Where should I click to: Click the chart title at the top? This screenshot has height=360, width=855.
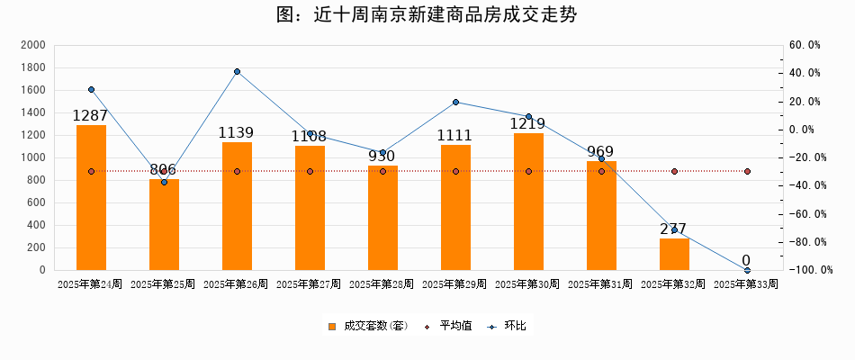click(x=427, y=15)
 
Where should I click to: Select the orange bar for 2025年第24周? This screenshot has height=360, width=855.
click(x=91, y=198)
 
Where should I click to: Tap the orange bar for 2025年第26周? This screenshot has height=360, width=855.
click(x=237, y=206)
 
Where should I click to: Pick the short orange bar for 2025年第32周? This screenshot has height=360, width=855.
click(x=674, y=254)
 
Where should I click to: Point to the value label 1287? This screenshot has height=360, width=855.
click(x=91, y=115)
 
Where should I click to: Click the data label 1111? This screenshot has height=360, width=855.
click(x=455, y=136)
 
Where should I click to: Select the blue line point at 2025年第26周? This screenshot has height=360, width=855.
click(x=237, y=72)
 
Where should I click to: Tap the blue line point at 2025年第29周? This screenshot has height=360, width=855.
click(x=455, y=102)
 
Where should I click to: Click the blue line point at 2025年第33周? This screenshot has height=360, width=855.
click(x=747, y=270)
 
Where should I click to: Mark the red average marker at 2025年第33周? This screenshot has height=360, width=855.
click(x=747, y=171)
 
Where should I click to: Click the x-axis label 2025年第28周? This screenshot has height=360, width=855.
click(x=382, y=284)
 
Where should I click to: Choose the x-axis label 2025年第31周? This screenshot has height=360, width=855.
click(x=600, y=284)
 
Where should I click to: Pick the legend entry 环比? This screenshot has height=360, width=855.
click(x=515, y=326)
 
